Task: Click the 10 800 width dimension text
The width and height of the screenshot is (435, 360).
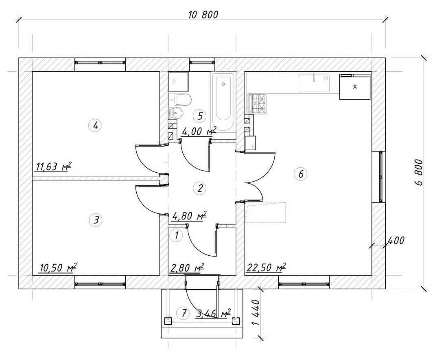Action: click(x=203, y=15)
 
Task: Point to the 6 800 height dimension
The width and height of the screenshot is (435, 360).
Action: click(x=418, y=172)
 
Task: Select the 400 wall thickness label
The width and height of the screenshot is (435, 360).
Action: click(x=396, y=240)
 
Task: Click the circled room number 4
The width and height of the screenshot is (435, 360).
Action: click(x=96, y=126)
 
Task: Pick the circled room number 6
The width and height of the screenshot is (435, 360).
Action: click(x=301, y=174)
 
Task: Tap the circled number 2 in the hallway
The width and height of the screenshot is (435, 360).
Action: click(x=200, y=188)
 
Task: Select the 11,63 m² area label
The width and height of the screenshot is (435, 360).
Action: click(x=54, y=167)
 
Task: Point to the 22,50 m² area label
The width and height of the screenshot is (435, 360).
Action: click(x=265, y=268)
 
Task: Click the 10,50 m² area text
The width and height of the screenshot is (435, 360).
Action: click(x=58, y=268)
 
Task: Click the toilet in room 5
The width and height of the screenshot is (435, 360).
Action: click(x=180, y=99)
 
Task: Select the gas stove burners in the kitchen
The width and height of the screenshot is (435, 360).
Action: click(x=257, y=103)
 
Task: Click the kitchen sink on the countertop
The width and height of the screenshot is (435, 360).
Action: click(x=314, y=83)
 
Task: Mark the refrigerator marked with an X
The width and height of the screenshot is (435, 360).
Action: click(x=355, y=87)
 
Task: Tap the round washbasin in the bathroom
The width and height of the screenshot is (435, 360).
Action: click(x=176, y=113)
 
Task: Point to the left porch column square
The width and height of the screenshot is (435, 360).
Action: click(x=168, y=321)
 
